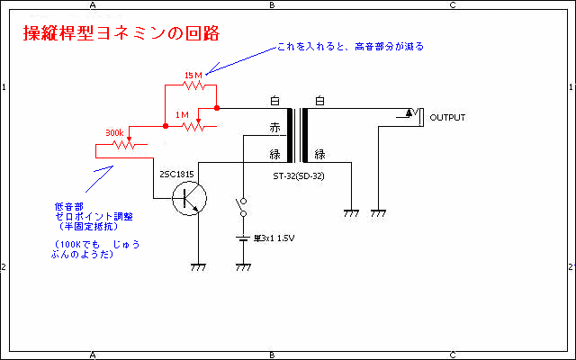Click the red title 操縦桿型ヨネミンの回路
click(120, 33)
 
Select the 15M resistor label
click(192, 75)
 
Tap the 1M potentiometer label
click(182, 114)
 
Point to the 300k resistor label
click(114, 132)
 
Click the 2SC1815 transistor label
click(176, 173)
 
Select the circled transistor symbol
click(190, 198)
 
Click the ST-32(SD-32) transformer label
click(299, 175)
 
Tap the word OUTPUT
click(448, 118)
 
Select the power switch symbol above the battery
click(242, 209)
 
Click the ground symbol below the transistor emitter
click(199, 267)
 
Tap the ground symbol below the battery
click(242, 267)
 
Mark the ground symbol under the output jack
click(379, 214)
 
